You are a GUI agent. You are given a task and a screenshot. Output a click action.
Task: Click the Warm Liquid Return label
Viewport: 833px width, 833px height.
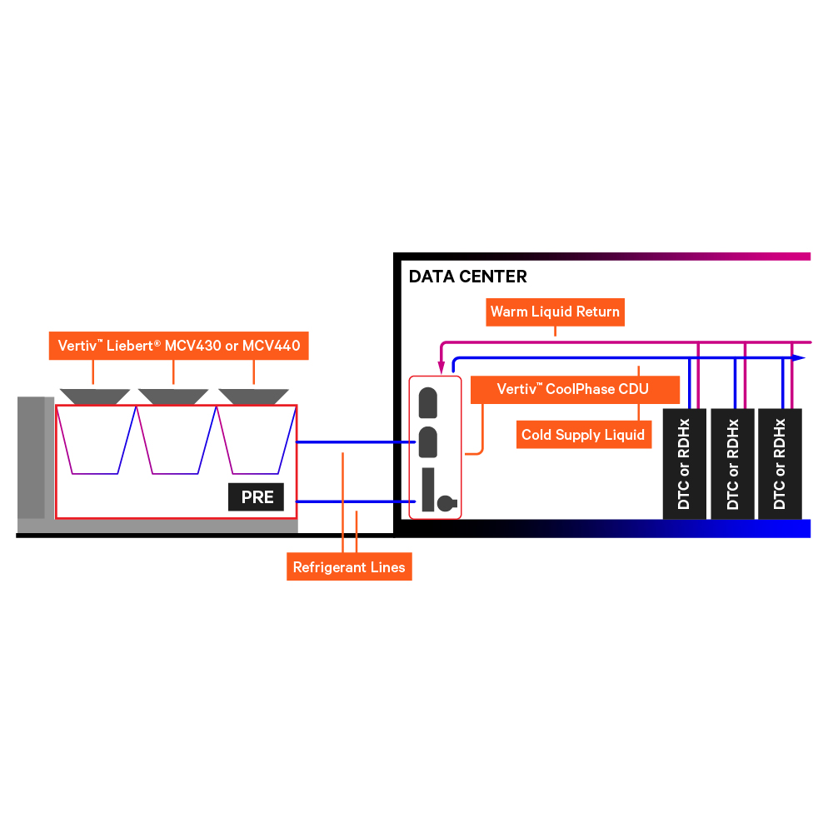click(x=555, y=312)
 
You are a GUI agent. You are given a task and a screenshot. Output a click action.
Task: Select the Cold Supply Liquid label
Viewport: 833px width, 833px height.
click(x=583, y=435)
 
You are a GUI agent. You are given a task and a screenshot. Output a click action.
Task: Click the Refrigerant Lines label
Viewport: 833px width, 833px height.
click(x=349, y=567)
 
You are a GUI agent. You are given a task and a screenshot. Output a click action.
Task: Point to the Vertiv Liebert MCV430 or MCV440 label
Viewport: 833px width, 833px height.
click(x=179, y=344)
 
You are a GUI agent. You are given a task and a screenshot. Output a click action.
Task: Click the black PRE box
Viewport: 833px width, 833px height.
click(x=257, y=497)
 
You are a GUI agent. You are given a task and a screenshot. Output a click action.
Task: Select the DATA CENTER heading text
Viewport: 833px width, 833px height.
click(x=467, y=277)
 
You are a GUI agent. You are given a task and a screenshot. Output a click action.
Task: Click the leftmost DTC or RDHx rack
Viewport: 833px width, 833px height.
click(x=685, y=463)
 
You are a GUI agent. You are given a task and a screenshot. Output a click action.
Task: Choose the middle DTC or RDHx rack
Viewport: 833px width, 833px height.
click(x=732, y=463)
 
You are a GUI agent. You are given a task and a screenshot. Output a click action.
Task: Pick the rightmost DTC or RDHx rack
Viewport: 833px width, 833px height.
click(x=780, y=463)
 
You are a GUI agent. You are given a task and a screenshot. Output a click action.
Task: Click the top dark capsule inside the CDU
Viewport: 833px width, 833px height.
click(x=428, y=402)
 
